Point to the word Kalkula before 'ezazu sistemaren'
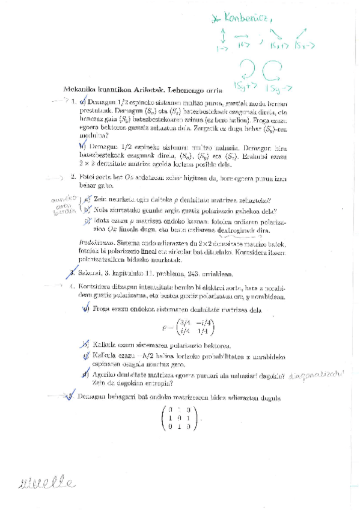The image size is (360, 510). [x=103, y=345]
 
